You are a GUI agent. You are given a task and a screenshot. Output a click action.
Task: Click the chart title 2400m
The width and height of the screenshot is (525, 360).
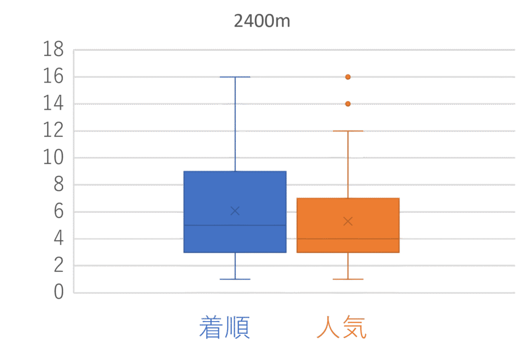[262, 21]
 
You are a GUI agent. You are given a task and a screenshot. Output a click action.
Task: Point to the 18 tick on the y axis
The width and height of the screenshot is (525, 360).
[53, 49]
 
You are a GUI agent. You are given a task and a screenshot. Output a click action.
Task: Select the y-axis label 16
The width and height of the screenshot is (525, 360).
[53, 76]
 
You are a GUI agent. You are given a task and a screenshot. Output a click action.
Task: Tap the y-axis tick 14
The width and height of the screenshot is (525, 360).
[53, 103]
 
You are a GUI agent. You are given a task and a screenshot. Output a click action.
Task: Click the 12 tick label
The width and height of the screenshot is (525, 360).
[53, 130]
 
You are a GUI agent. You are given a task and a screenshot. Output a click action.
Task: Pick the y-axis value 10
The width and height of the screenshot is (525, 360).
[53, 157]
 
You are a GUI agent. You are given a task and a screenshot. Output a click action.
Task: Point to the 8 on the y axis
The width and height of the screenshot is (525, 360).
[58, 184]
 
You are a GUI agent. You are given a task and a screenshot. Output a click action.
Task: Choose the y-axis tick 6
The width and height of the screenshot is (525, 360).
[58, 211]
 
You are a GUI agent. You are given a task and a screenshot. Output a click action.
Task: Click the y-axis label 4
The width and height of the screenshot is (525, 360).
[58, 238]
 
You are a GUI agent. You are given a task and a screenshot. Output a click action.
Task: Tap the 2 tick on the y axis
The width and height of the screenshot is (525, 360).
[58, 265]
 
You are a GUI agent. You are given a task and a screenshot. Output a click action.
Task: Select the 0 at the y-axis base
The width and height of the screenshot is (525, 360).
[58, 292]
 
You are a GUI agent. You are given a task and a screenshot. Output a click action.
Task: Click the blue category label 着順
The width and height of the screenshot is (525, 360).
[225, 327]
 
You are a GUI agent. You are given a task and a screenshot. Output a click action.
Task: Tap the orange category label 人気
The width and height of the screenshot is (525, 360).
[341, 327]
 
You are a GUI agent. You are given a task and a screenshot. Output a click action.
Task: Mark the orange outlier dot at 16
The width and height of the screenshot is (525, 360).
[348, 77]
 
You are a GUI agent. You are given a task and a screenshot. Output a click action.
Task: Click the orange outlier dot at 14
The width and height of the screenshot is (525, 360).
[348, 104]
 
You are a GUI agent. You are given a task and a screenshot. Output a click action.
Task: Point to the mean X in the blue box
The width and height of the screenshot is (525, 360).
[235, 211]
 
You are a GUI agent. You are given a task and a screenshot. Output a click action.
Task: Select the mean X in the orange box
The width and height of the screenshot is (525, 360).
[348, 221]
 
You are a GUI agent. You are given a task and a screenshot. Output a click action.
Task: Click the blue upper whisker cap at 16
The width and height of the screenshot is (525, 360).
[235, 77]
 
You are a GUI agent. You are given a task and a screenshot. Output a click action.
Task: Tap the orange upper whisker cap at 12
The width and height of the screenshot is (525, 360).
[348, 131]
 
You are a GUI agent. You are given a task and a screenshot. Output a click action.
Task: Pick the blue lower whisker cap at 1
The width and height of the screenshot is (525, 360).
[235, 279]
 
